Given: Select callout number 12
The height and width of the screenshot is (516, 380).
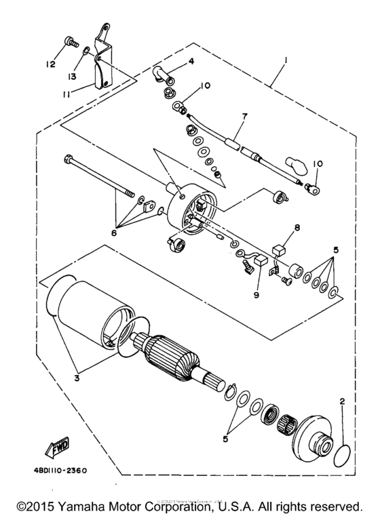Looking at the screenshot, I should point(50,64).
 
